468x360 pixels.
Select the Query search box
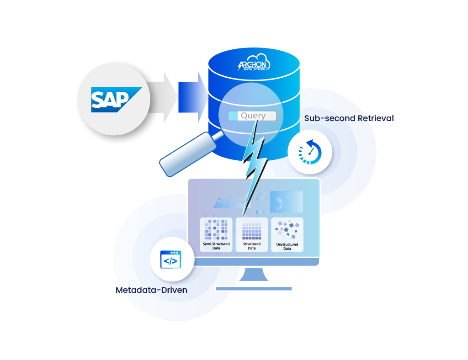[252, 116]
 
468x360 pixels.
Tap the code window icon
[170, 260]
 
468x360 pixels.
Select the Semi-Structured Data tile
[216, 234]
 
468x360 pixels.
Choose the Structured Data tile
[251, 234]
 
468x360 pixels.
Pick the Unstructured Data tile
[287, 234]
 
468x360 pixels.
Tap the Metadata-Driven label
[152, 290]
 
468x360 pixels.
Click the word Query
[253, 116]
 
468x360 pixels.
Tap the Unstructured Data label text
[287, 247]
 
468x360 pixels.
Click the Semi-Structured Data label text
[216, 246]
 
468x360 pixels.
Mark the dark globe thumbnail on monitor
[286, 201]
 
